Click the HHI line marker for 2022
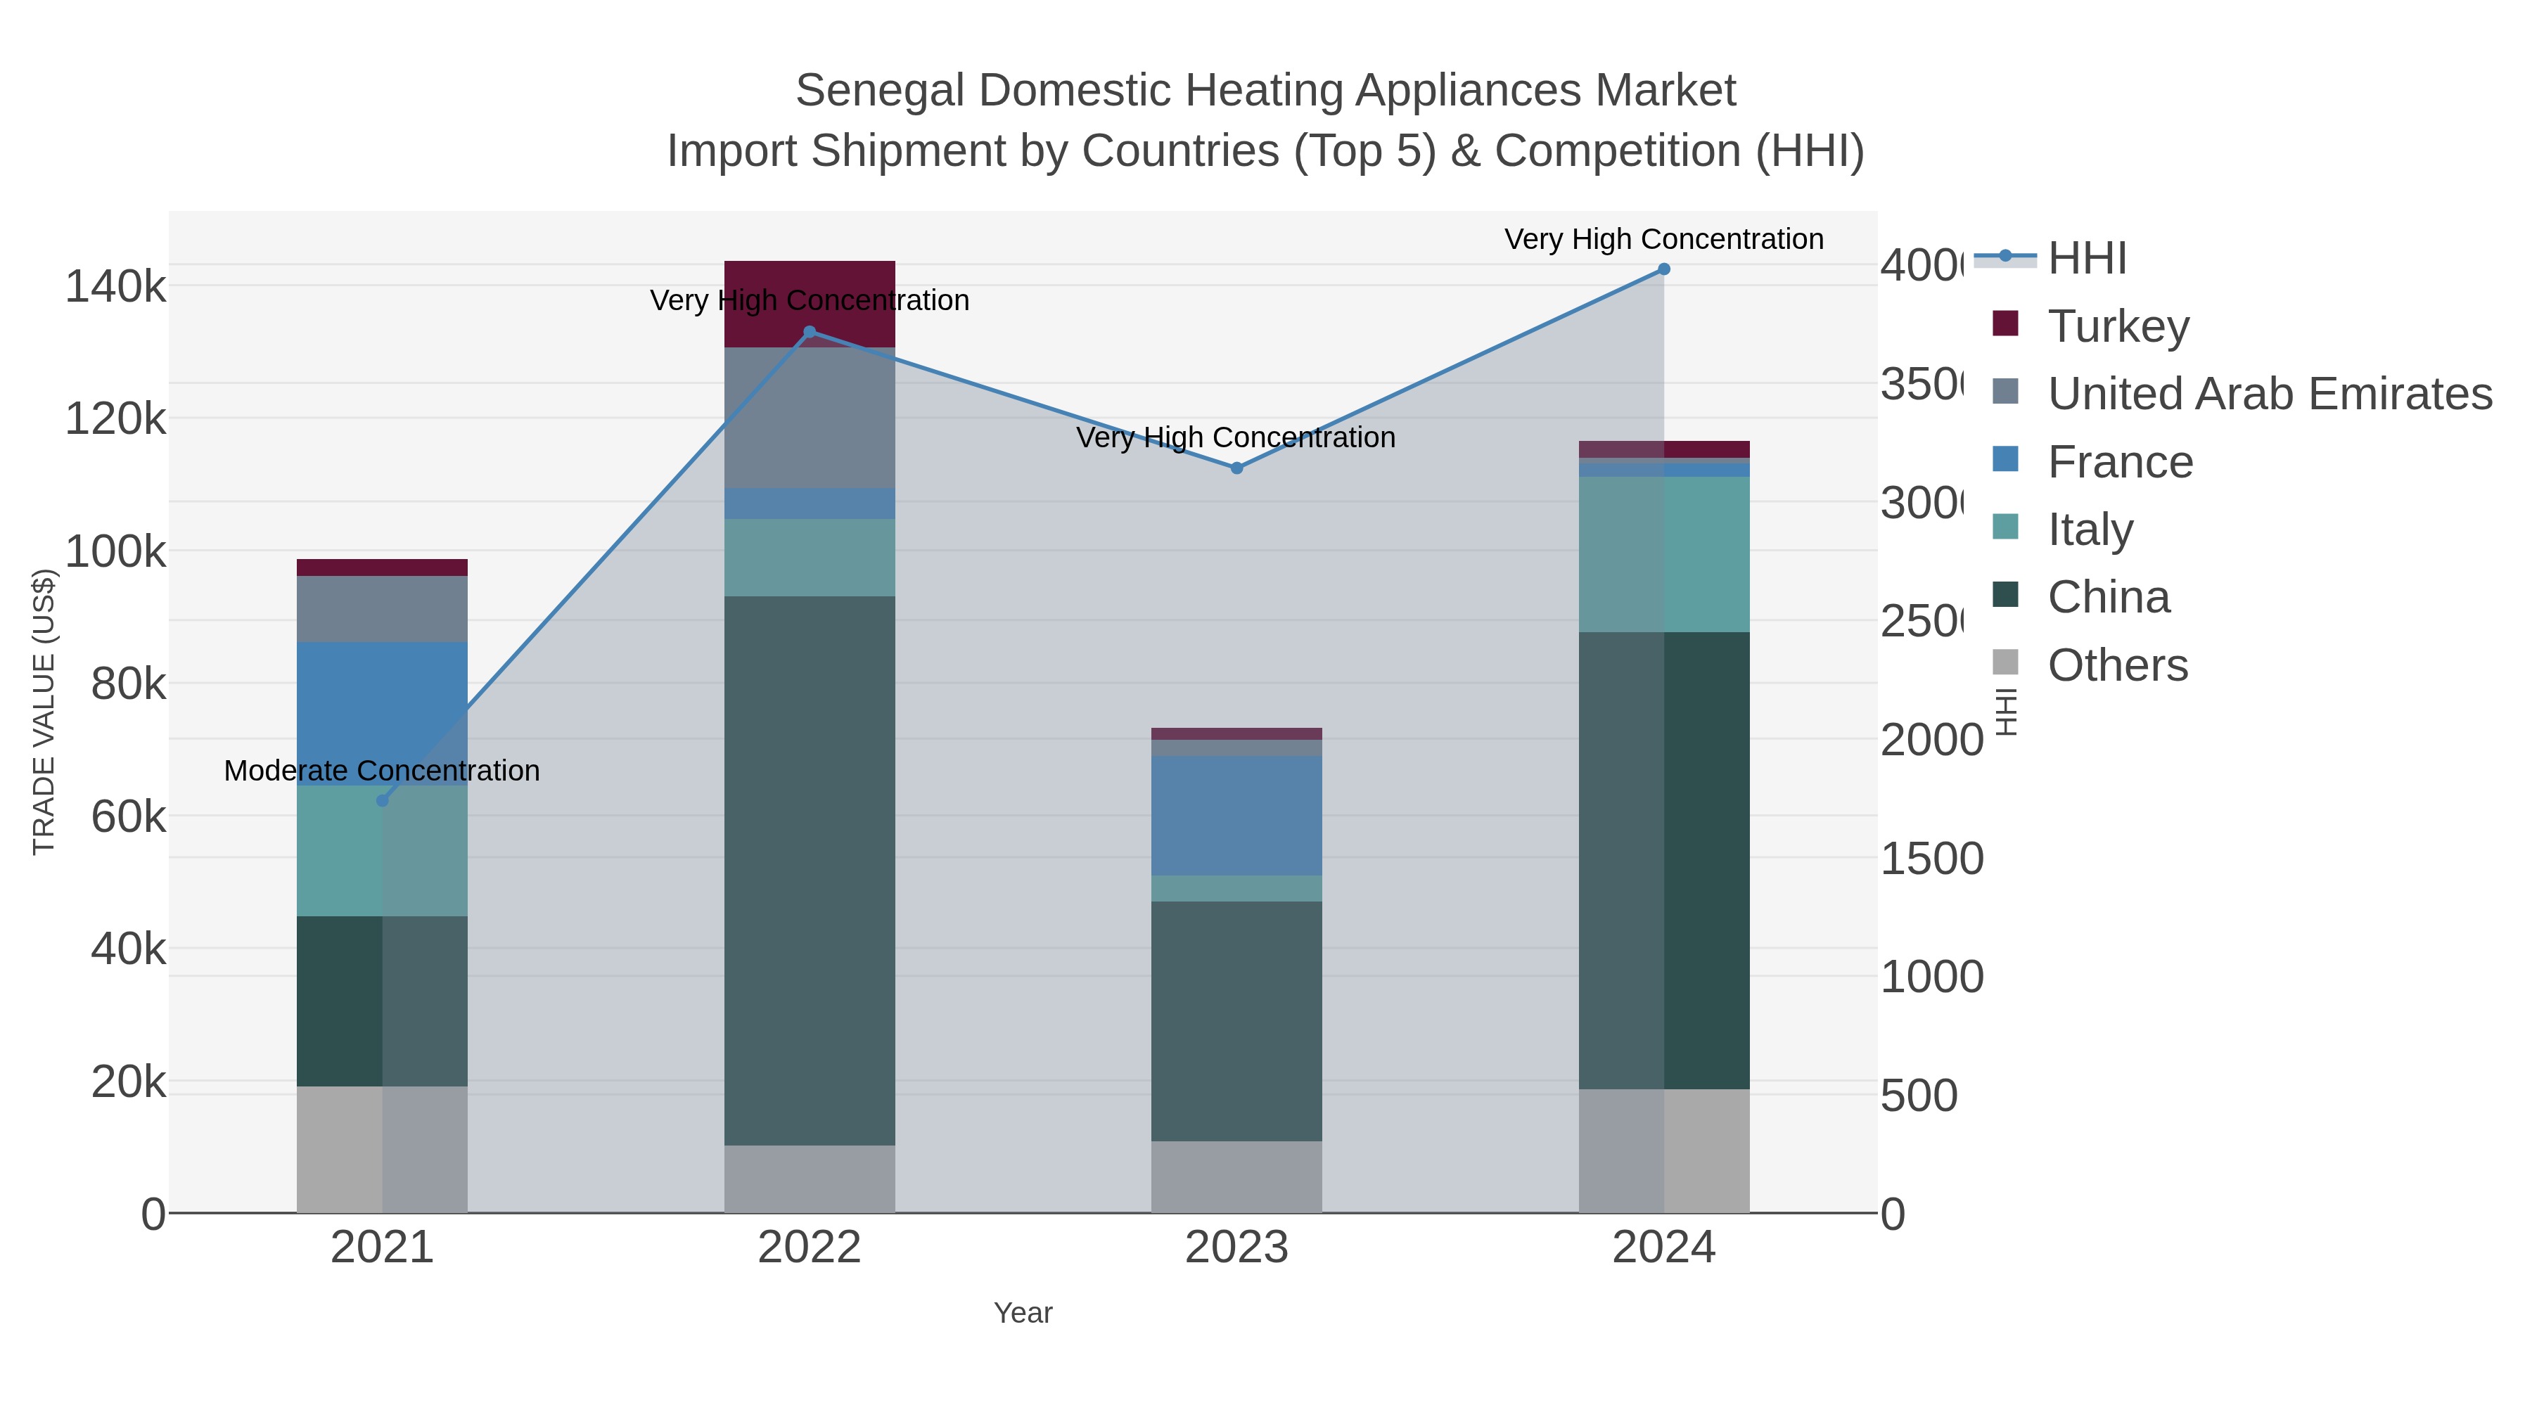click(x=810, y=332)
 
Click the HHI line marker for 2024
click(x=1664, y=269)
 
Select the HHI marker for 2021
click(x=383, y=801)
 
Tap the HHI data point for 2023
click(x=1236, y=468)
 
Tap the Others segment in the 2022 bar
click(x=810, y=1179)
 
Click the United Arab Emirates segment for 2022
click(x=810, y=417)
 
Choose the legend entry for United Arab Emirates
click(x=2268, y=394)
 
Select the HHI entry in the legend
click(x=2086, y=259)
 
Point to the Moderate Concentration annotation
click(x=383, y=771)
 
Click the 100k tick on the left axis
click(x=115, y=552)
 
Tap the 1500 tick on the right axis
click(x=1931, y=859)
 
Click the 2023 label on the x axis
click(x=1236, y=1248)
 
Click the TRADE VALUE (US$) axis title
click(x=44, y=712)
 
